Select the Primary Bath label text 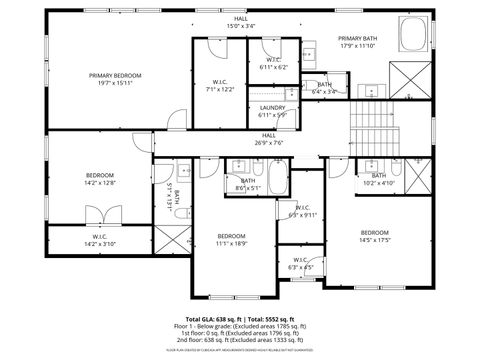click(357, 42)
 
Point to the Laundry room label click(272, 110)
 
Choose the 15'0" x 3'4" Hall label click(240, 22)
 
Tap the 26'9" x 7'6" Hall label click(269, 138)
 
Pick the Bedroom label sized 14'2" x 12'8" click(100, 179)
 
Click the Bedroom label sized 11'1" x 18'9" click(231, 238)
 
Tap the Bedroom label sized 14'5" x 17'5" click(374, 236)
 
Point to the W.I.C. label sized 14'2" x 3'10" click(100, 240)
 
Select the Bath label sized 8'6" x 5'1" click(248, 184)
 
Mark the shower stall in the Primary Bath click(412, 76)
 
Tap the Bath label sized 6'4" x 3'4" click(324, 88)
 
